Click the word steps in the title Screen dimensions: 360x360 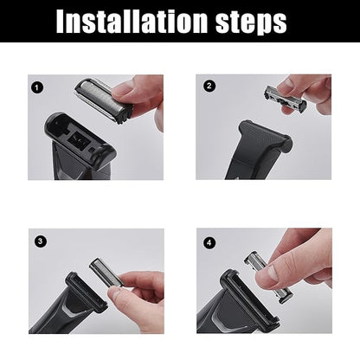[252, 21]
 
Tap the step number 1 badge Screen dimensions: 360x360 [36, 86]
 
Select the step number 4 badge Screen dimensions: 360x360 [209, 241]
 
